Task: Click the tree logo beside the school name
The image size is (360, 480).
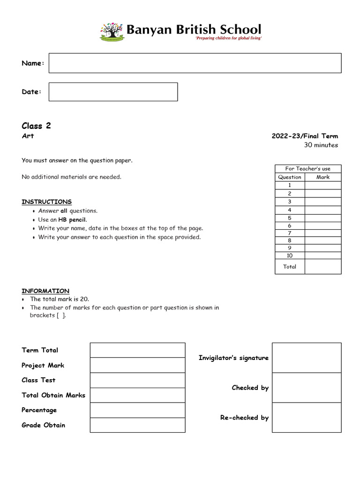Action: coord(112,31)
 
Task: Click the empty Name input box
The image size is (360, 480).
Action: coord(195,63)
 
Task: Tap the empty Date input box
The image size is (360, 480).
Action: coord(113,92)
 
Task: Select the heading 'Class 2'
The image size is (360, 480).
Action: coord(36,126)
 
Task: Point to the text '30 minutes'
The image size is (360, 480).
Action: coord(321,145)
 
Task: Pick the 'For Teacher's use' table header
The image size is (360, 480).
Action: coord(308,169)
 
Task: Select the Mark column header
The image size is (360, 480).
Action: coord(322,177)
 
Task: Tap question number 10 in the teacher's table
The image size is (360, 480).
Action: coord(290,255)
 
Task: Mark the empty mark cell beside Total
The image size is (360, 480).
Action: coord(322,267)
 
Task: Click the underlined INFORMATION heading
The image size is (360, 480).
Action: coord(45,291)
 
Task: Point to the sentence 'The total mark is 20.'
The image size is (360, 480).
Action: coord(60,299)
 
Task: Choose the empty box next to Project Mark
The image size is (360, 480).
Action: coord(137,365)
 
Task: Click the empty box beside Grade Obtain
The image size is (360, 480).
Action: coord(137,425)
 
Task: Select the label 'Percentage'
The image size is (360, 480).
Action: coord(39,410)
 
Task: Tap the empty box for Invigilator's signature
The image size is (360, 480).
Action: coord(307,358)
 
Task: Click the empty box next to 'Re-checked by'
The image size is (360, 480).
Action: coord(307,418)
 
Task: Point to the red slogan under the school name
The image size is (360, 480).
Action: coord(228,38)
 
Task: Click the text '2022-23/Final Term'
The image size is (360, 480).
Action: coord(305,136)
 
